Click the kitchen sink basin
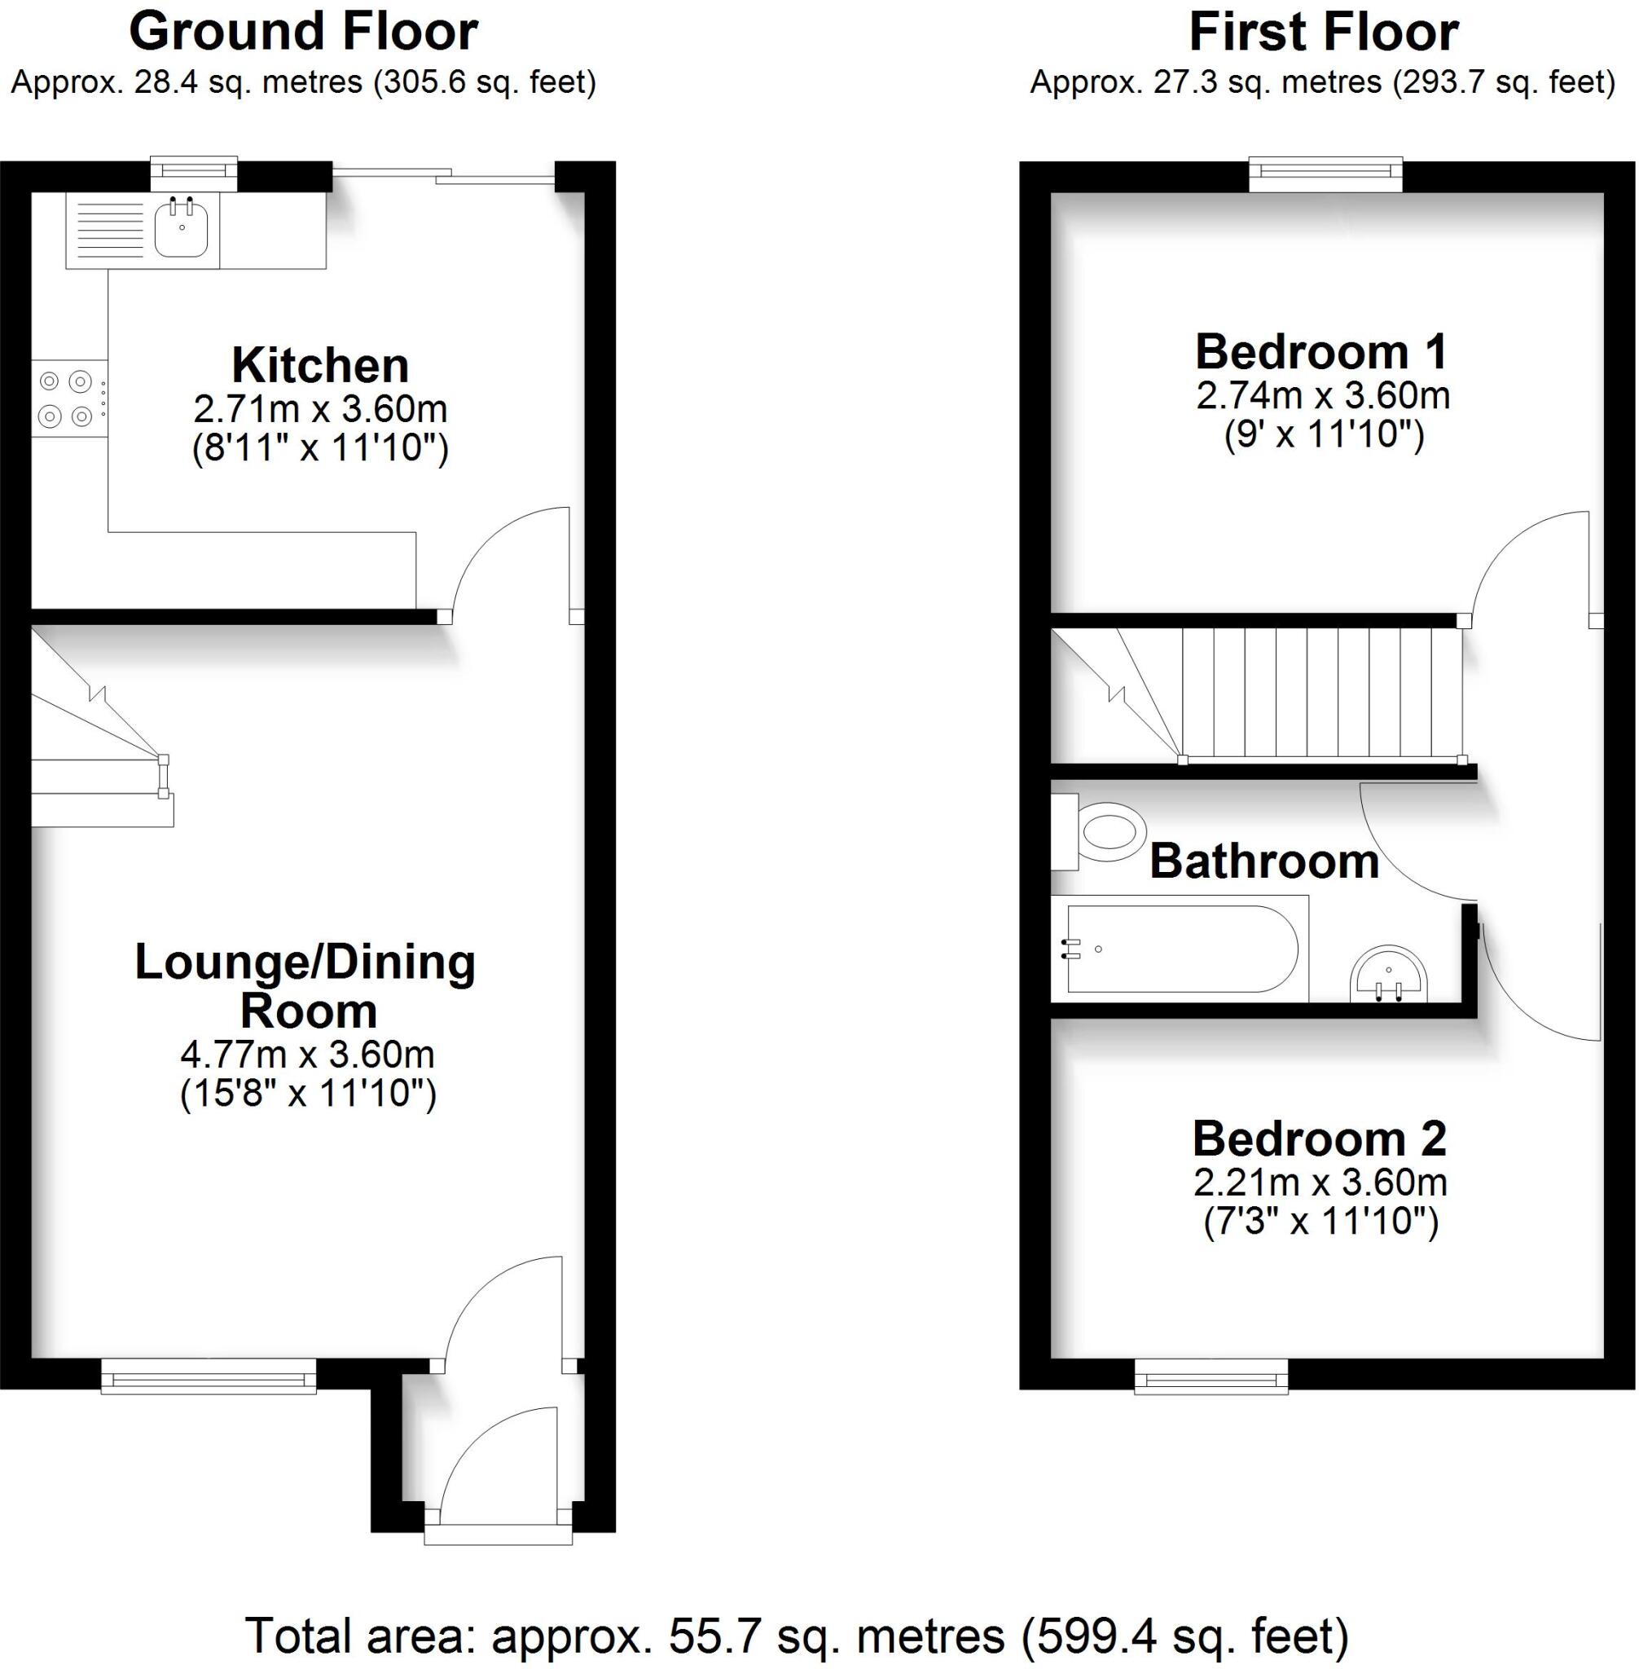coord(181,229)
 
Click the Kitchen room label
coord(320,365)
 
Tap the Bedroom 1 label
coord(1321,351)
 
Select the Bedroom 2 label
coord(1319,1138)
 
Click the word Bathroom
coord(1263,861)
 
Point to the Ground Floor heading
coord(303,33)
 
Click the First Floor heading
coord(1323,33)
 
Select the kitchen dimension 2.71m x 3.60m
coord(320,408)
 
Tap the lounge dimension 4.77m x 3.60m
coord(307,1054)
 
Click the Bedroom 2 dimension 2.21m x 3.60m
coord(1320,1182)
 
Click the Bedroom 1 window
coord(1325,175)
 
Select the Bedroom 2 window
coord(1211,1376)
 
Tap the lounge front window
coord(209,1376)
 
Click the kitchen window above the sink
coord(194,173)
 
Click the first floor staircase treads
coord(1321,694)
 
